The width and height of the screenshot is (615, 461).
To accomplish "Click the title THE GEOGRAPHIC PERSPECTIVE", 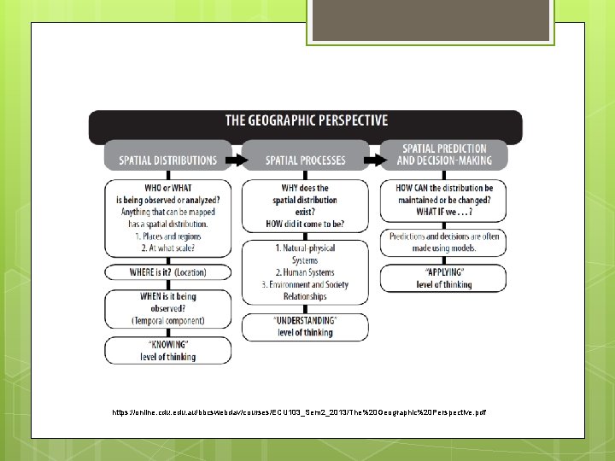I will pos(306,121).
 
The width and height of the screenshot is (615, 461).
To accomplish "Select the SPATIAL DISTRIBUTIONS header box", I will pos(167,160).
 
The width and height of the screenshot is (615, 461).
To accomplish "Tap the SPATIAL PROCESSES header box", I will pos(305,160).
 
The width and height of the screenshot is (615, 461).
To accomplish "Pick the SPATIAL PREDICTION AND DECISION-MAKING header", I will pos(443,155).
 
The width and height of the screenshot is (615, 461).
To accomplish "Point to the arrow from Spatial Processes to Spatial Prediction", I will pos(374,160).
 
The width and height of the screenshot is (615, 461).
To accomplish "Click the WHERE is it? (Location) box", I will pos(167,272).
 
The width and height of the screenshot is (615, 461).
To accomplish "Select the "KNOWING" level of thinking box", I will pos(167,351).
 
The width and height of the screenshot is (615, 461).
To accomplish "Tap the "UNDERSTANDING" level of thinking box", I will pos(305,325).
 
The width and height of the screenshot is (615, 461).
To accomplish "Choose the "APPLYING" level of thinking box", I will pos(443,278).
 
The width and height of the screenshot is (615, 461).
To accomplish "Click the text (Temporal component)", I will pos(167,320).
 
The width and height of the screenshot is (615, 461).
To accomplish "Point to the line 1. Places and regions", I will pos(167,236).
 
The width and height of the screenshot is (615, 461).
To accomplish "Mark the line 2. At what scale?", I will pos(167,248).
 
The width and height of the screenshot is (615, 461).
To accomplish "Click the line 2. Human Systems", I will pos(305,272).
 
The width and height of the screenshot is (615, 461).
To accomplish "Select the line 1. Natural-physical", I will pos(305,248).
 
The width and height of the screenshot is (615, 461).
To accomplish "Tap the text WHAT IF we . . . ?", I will pos(443,213).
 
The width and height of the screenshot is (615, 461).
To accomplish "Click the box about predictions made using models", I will pos(443,242).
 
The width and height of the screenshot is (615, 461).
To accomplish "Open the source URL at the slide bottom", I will pos(299,412).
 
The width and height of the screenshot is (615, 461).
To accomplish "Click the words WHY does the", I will pos(305,188).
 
